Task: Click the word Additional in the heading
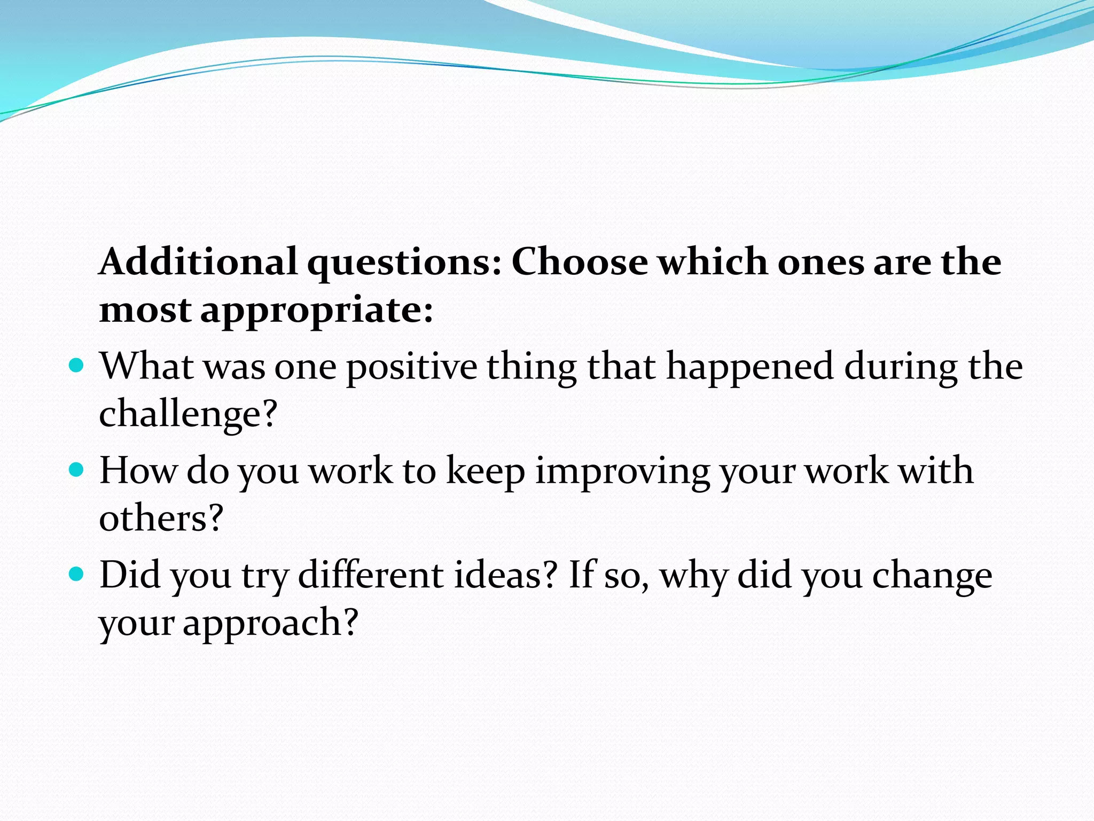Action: [x=198, y=262]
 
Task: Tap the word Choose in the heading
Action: [x=580, y=262]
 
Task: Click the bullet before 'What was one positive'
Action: [x=77, y=366]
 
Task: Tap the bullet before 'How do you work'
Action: [x=77, y=470]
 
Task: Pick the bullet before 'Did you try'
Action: [x=77, y=574]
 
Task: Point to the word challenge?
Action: [x=189, y=414]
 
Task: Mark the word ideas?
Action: [x=505, y=575]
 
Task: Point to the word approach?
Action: [x=270, y=623]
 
